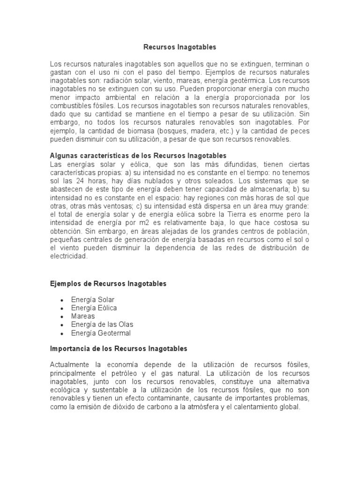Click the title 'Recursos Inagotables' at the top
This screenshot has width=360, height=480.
[180, 47]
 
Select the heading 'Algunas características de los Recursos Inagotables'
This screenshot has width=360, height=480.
[138, 155]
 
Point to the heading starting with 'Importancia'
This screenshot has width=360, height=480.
[118, 348]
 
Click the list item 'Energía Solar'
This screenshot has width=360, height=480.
[93, 299]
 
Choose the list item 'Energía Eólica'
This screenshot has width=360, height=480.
[94, 307]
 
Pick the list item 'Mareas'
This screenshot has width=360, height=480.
[83, 316]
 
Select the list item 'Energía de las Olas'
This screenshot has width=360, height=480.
[102, 324]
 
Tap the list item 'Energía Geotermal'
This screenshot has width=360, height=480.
[101, 333]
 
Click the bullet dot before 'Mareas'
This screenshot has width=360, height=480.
[62, 316]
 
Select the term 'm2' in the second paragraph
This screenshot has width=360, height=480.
[154, 223]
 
